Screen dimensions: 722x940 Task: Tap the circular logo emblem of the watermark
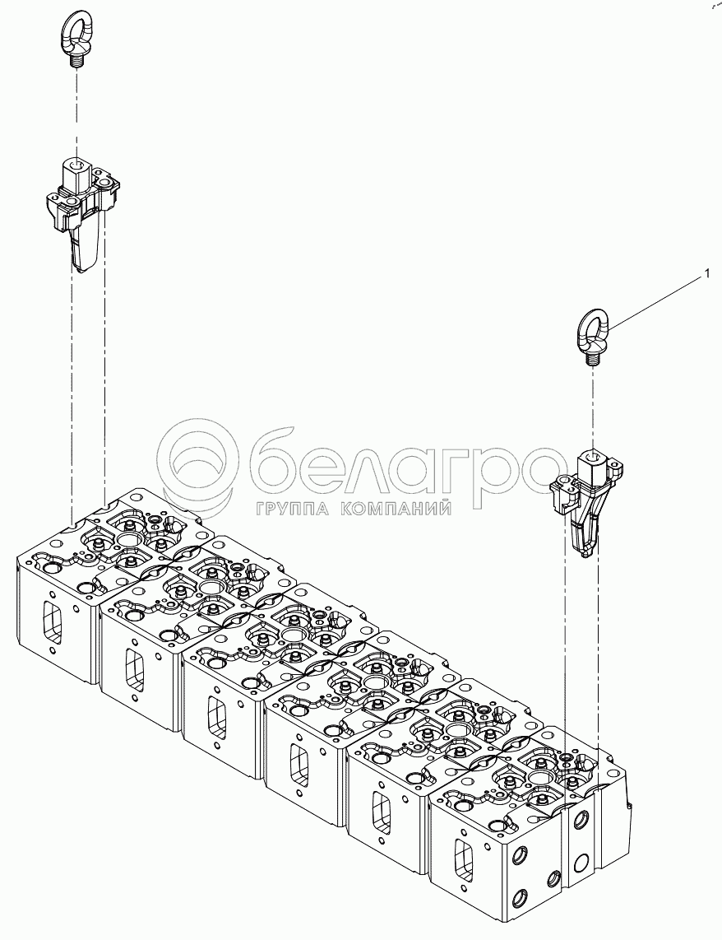click(196, 466)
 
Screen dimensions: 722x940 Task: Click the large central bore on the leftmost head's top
click(129, 540)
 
